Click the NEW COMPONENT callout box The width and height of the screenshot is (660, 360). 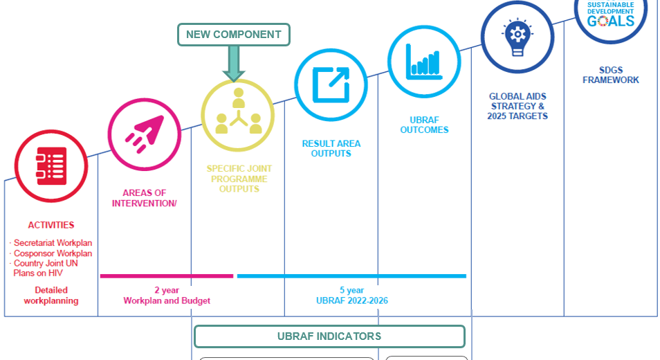[233, 35]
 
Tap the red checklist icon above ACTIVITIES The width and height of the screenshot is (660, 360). [51, 166]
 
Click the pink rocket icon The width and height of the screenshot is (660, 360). [144, 134]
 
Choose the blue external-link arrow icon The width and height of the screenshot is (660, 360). [331, 84]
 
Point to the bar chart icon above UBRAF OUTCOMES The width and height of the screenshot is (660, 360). [424, 61]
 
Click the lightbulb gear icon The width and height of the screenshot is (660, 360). [517, 37]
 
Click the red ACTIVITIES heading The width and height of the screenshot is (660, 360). [51, 225]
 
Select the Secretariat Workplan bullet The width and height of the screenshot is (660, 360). [53, 243]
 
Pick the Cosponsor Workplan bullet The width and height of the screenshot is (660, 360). [52, 253]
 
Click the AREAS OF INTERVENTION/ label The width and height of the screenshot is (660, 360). [145, 198]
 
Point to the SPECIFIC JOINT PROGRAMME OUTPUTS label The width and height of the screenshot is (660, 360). [239, 179]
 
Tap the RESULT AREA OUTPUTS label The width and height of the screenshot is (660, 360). [331, 149]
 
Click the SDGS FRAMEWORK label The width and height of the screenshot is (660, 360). [610, 75]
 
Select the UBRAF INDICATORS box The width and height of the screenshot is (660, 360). [329, 336]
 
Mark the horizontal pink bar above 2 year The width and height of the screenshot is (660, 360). [166, 276]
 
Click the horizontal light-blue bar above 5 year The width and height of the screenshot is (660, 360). [351, 276]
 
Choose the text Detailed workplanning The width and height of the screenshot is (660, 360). [51, 296]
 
